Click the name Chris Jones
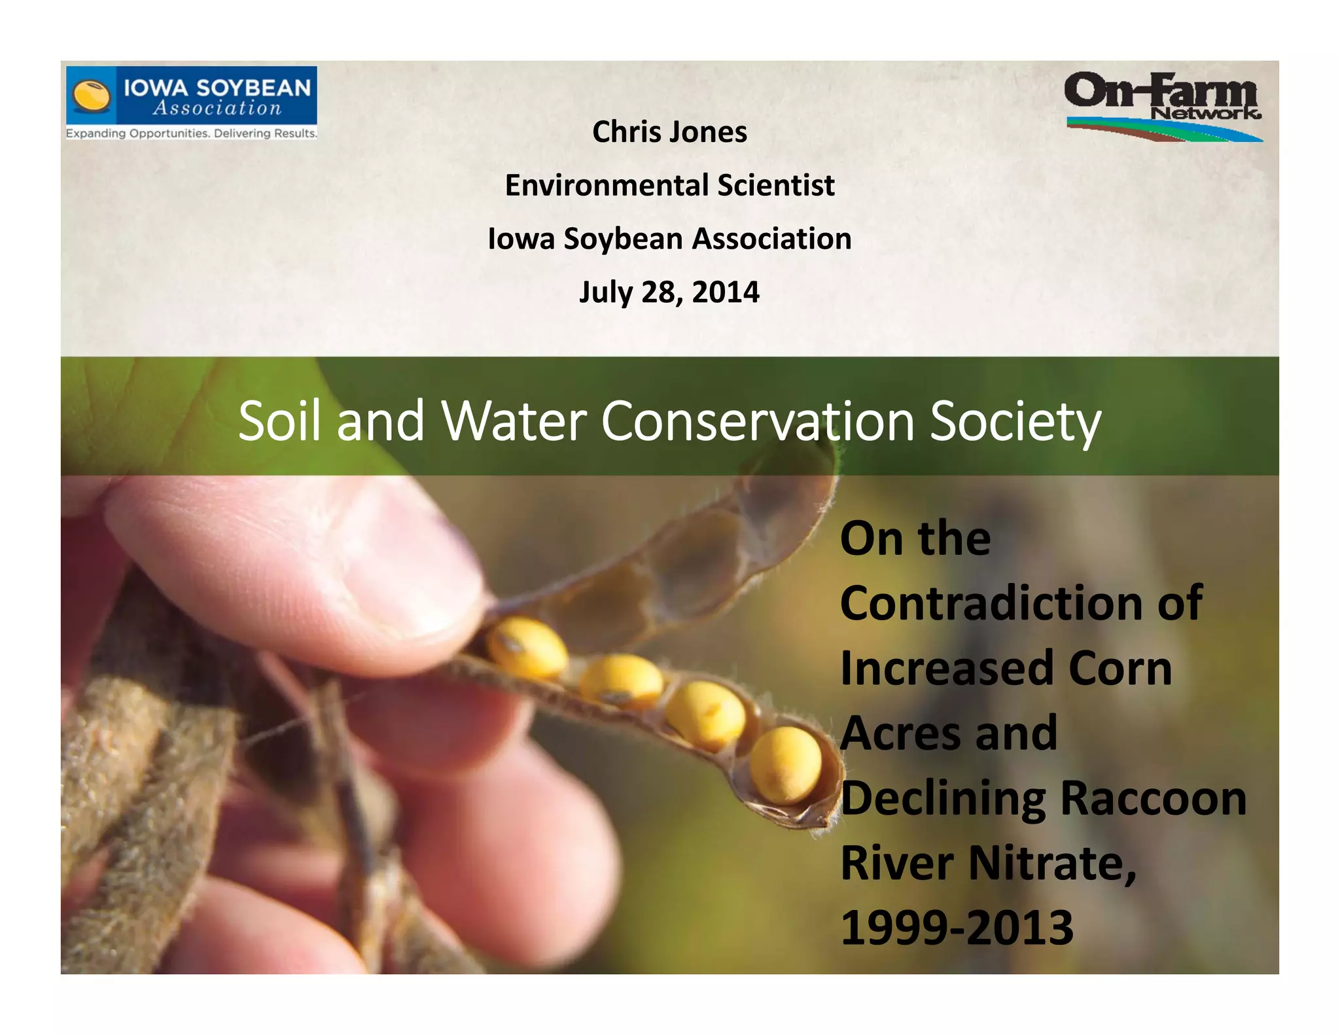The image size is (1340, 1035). [669, 132]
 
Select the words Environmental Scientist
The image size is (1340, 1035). [669, 186]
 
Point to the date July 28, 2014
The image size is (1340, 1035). [669, 292]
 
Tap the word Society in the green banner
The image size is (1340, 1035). [1015, 421]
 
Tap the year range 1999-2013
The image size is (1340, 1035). [957, 928]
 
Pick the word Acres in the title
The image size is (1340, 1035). [900, 733]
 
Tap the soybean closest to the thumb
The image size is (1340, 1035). [527, 647]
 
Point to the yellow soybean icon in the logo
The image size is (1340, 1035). [91, 96]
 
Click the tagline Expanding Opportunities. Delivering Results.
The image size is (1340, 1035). [191, 133]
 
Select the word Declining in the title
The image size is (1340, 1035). [943, 799]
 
